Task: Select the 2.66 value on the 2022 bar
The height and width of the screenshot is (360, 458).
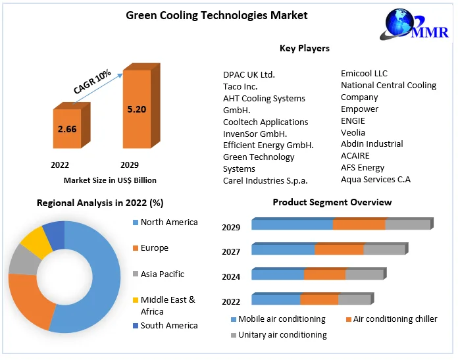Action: coord(67,129)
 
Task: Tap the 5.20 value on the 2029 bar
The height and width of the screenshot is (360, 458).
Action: coord(137,109)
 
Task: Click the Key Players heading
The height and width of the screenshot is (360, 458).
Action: coord(305,48)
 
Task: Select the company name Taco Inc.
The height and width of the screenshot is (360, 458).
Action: coord(240,86)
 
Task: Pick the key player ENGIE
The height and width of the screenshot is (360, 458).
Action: coord(353,120)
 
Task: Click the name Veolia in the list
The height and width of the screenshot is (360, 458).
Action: coord(353,132)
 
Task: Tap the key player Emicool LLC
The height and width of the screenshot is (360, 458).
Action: coord(364,73)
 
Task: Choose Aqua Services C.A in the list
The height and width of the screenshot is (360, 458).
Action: coord(376,179)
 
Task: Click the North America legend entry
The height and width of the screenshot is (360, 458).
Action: coord(169,222)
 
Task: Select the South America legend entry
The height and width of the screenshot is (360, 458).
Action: coord(169,325)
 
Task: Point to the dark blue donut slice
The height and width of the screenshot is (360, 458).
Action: coord(55,234)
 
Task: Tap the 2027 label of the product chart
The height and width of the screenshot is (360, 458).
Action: coord(231,252)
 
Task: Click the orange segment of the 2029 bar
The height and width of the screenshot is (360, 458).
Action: coord(359,225)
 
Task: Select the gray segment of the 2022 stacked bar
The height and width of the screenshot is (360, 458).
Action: coord(354,300)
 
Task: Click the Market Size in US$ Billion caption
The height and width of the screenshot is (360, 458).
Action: coord(110,180)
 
